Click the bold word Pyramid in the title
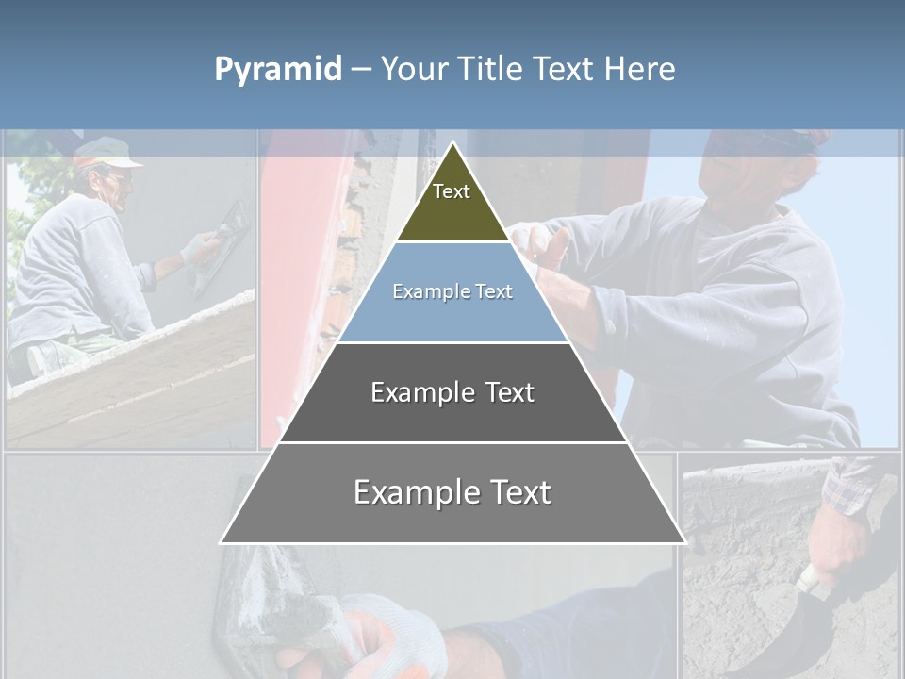click(x=278, y=69)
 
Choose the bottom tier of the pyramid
click(x=452, y=514)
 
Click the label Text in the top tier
click(x=452, y=191)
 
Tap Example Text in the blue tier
click(x=452, y=291)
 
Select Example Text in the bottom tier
click(x=452, y=492)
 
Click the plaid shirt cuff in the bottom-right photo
click(x=853, y=486)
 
